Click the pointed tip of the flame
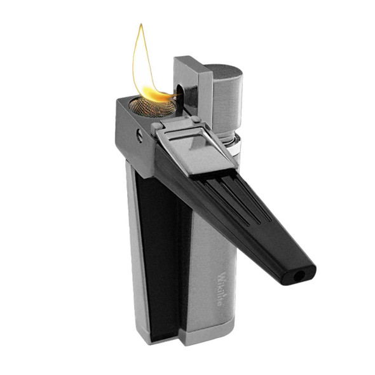point(142,26)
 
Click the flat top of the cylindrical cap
point(227,69)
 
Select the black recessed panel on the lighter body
point(155,254)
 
